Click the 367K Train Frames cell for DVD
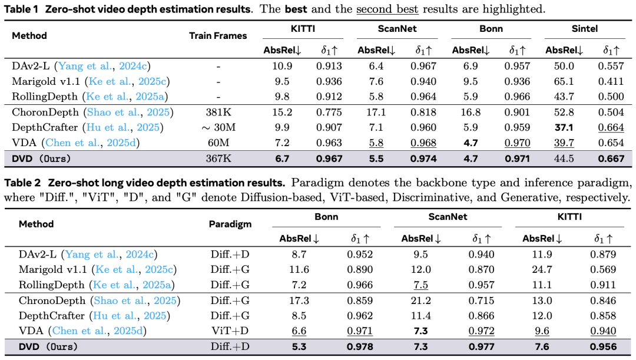(218, 158)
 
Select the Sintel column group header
(585, 29)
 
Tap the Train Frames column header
(218, 36)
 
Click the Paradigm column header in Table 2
(230, 224)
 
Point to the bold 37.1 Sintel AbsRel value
(564, 127)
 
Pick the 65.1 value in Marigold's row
(564, 81)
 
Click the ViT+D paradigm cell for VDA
(230, 331)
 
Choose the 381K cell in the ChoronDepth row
(218, 112)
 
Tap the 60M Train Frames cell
(218, 143)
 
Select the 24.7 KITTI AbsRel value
(542, 269)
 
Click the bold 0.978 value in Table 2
(360, 346)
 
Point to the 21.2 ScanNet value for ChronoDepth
(420, 300)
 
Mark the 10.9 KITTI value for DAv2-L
(282, 66)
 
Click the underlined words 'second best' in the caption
(387, 9)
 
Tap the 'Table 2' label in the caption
(23, 183)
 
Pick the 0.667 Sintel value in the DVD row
(611, 158)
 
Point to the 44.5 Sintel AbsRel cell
(564, 158)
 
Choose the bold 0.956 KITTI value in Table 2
(603, 346)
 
